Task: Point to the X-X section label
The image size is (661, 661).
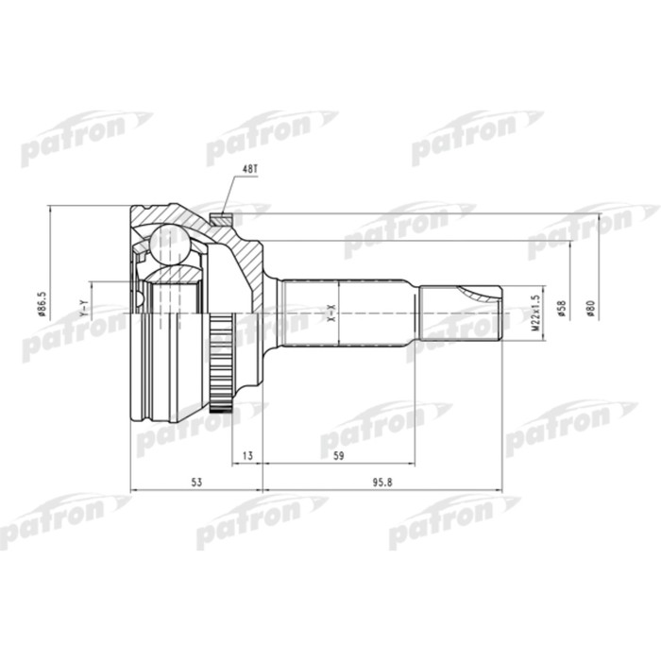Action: [x=330, y=312]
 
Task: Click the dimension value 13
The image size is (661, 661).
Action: [x=247, y=454]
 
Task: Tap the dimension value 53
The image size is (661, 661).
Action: [x=196, y=483]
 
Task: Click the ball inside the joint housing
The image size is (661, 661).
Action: [x=169, y=241]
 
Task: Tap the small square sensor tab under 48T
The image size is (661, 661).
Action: [x=224, y=217]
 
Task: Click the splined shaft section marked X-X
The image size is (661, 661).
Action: [x=349, y=312]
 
